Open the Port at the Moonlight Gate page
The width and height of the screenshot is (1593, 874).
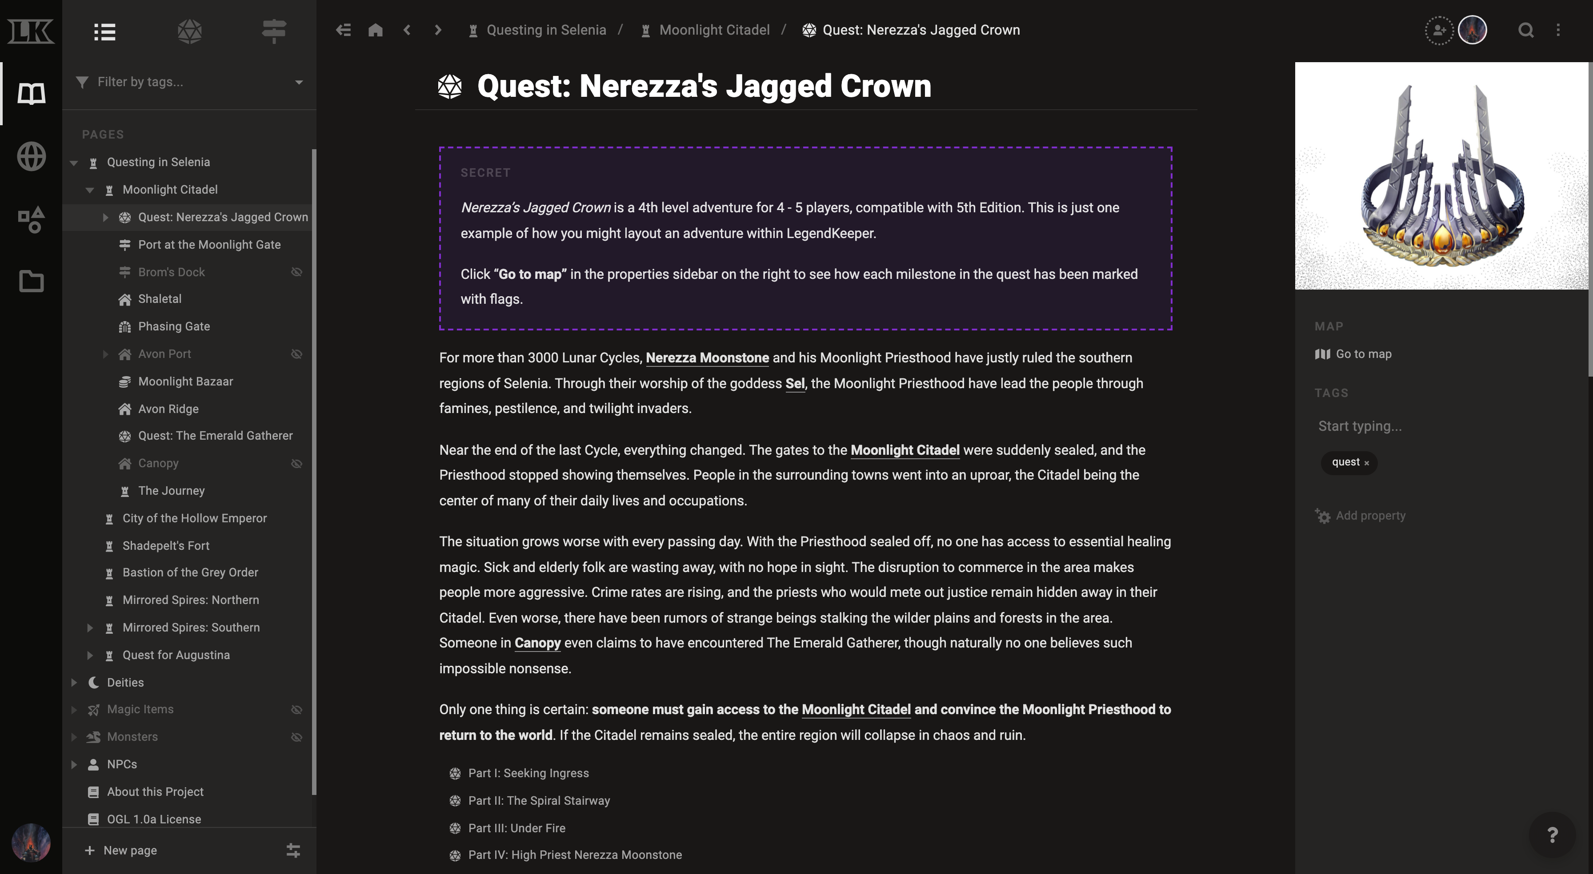click(x=209, y=245)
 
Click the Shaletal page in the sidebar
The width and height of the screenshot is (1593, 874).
click(x=160, y=299)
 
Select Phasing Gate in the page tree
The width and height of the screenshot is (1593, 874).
click(x=174, y=326)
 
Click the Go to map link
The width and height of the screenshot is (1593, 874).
click(x=1363, y=354)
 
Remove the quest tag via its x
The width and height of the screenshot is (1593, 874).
click(x=1367, y=463)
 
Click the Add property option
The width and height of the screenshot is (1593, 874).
click(x=1370, y=516)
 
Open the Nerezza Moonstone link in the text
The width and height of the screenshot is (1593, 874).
click(x=707, y=358)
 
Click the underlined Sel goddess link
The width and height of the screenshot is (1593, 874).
click(x=795, y=384)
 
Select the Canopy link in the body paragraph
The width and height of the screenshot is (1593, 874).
click(x=537, y=643)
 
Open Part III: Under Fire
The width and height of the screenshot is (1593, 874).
click(x=516, y=828)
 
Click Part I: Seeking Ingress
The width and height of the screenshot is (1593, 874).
click(x=528, y=773)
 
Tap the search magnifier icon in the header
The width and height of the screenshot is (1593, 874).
click(x=1525, y=30)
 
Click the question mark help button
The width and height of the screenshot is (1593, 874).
click(x=1552, y=835)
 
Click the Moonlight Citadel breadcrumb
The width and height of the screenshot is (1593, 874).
click(x=714, y=30)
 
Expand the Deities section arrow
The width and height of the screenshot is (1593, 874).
click(x=74, y=683)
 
